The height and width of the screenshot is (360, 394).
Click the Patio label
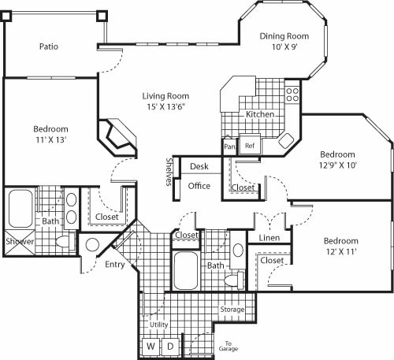(x=49, y=46)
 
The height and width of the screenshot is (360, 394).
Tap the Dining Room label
(x=284, y=35)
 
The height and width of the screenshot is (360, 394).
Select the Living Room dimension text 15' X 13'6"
(x=165, y=107)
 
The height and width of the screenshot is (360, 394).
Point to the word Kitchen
(x=260, y=115)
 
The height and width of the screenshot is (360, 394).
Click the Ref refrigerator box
(x=250, y=146)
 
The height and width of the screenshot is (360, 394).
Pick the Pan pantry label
(x=229, y=147)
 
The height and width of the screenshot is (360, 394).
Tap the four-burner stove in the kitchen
(x=292, y=95)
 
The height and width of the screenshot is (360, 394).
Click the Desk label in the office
(x=199, y=166)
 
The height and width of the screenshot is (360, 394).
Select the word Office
(x=199, y=186)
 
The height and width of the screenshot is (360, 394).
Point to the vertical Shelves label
(x=169, y=173)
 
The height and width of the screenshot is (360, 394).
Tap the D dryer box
(x=170, y=345)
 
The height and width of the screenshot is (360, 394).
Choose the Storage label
(x=232, y=310)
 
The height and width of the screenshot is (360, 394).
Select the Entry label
(x=115, y=265)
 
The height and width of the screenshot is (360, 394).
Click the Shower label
(x=20, y=242)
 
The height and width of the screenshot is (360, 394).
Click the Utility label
(x=160, y=325)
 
